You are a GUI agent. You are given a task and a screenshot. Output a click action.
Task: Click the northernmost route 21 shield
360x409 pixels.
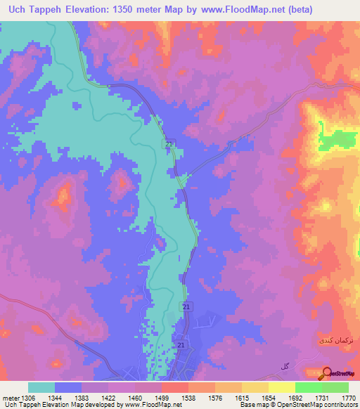point(169,144)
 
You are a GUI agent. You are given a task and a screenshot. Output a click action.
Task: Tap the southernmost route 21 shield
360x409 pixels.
point(181,346)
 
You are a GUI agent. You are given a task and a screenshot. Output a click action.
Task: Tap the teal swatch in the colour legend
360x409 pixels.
point(41,387)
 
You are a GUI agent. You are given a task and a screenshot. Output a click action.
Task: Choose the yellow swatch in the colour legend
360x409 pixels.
point(281,387)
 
